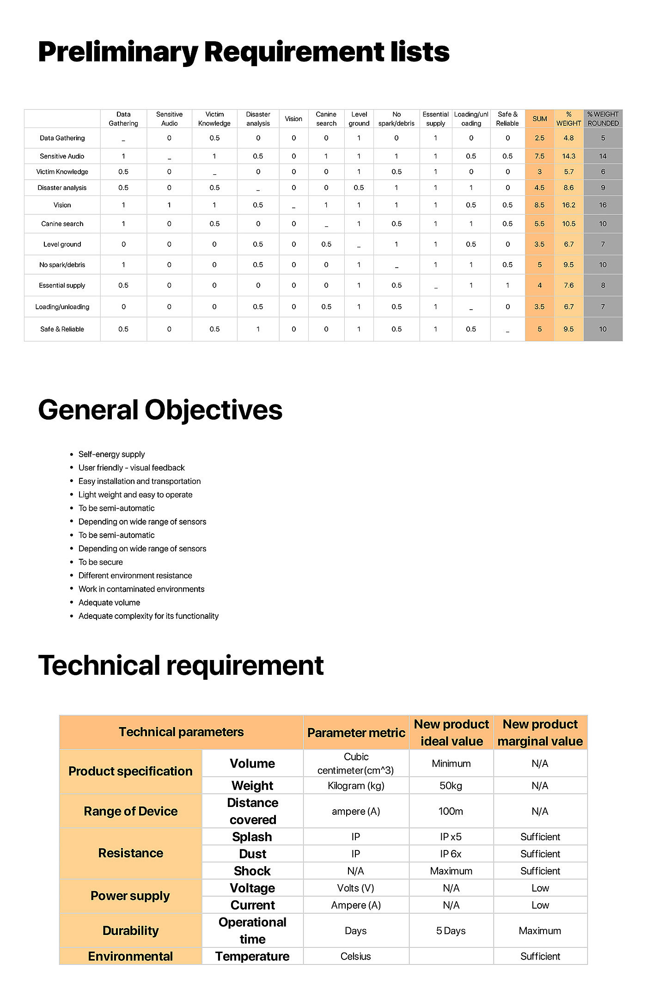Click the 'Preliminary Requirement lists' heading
point(244,52)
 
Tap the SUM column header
point(539,119)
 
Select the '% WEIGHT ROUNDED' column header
point(603,119)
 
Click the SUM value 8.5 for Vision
point(539,205)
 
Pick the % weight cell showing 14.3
point(568,156)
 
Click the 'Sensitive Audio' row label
point(62,156)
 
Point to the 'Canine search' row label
point(62,224)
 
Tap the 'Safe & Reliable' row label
point(62,329)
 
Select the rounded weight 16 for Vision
point(603,205)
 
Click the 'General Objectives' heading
point(160,410)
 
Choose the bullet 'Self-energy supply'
point(111,454)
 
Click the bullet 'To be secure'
point(100,562)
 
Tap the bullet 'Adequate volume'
point(109,603)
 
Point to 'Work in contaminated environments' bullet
point(141,589)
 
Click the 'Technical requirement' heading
point(181,666)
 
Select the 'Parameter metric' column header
point(356,733)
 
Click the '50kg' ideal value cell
point(451,786)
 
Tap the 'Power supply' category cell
point(130,896)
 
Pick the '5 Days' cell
point(451,931)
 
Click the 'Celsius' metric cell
point(355,956)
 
